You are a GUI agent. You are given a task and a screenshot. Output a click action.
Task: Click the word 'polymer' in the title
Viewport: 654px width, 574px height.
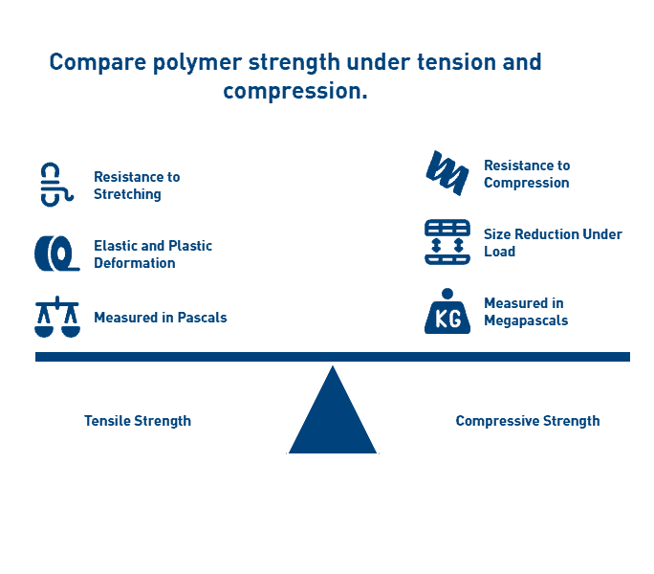[x=197, y=63]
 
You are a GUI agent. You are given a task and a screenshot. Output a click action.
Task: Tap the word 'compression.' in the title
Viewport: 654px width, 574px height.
[x=295, y=92]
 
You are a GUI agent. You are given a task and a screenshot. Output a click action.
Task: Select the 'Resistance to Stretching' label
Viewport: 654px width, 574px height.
[x=137, y=186]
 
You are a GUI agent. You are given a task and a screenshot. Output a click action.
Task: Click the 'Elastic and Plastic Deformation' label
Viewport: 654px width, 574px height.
[x=153, y=254]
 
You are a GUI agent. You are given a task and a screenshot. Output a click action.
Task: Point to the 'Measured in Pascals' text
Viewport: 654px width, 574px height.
[x=161, y=318]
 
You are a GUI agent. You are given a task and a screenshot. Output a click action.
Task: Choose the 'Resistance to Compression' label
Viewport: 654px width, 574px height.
[x=527, y=174]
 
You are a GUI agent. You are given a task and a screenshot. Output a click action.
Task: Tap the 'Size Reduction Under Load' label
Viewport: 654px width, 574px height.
[x=553, y=243]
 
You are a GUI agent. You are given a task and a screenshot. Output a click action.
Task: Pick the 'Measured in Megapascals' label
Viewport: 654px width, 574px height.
[x=526, y=312]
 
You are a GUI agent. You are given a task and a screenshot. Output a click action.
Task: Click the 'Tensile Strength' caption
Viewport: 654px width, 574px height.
[x=138, y=421]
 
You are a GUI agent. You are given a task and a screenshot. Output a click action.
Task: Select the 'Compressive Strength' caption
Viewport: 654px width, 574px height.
[x=528, y=421]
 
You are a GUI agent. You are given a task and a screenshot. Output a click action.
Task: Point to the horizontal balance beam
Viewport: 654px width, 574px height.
[x=333, y=357]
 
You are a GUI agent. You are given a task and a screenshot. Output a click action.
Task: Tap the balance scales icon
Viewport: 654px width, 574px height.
[x=57, y=317]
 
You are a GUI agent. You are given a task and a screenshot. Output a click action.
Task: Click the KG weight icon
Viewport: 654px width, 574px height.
[x=447, y=311]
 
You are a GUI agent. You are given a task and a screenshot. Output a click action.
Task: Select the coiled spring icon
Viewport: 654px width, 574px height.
[x=447, y=173]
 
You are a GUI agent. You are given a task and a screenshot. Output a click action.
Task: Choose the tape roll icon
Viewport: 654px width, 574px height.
[x=56, y=254]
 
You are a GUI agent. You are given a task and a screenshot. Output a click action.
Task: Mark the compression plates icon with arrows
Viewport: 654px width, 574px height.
[x=447, y=242]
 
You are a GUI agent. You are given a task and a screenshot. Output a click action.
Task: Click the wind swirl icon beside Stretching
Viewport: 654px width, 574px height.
[x=56, y=185]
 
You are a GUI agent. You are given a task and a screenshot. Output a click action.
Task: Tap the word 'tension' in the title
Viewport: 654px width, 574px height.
[x=457, y=62]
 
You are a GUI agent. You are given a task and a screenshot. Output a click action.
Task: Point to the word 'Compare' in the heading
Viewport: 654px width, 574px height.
[x=98, y=63]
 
